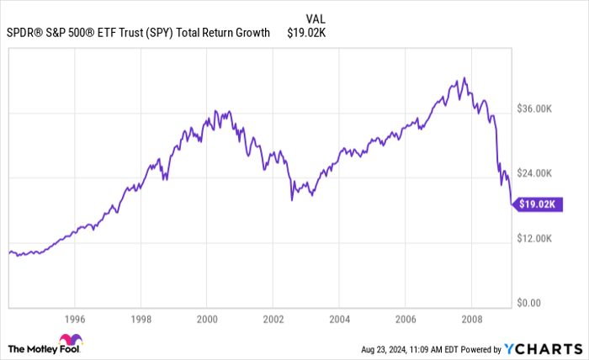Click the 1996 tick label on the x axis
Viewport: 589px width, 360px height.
coord(74,319)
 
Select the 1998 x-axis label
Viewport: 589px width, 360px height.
coord(141,319)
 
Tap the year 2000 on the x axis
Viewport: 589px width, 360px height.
coord(206,319)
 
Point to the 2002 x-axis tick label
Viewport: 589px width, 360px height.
coord(273,319)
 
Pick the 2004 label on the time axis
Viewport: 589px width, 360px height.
coord(338,319)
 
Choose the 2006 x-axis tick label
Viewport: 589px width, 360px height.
coord(405,319)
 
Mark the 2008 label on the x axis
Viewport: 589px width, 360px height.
coord(470,319)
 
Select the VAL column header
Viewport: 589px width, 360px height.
coord(316,18)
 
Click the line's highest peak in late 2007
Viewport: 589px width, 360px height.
coord(463,78)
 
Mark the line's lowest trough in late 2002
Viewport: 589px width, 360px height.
coord(292,200)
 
